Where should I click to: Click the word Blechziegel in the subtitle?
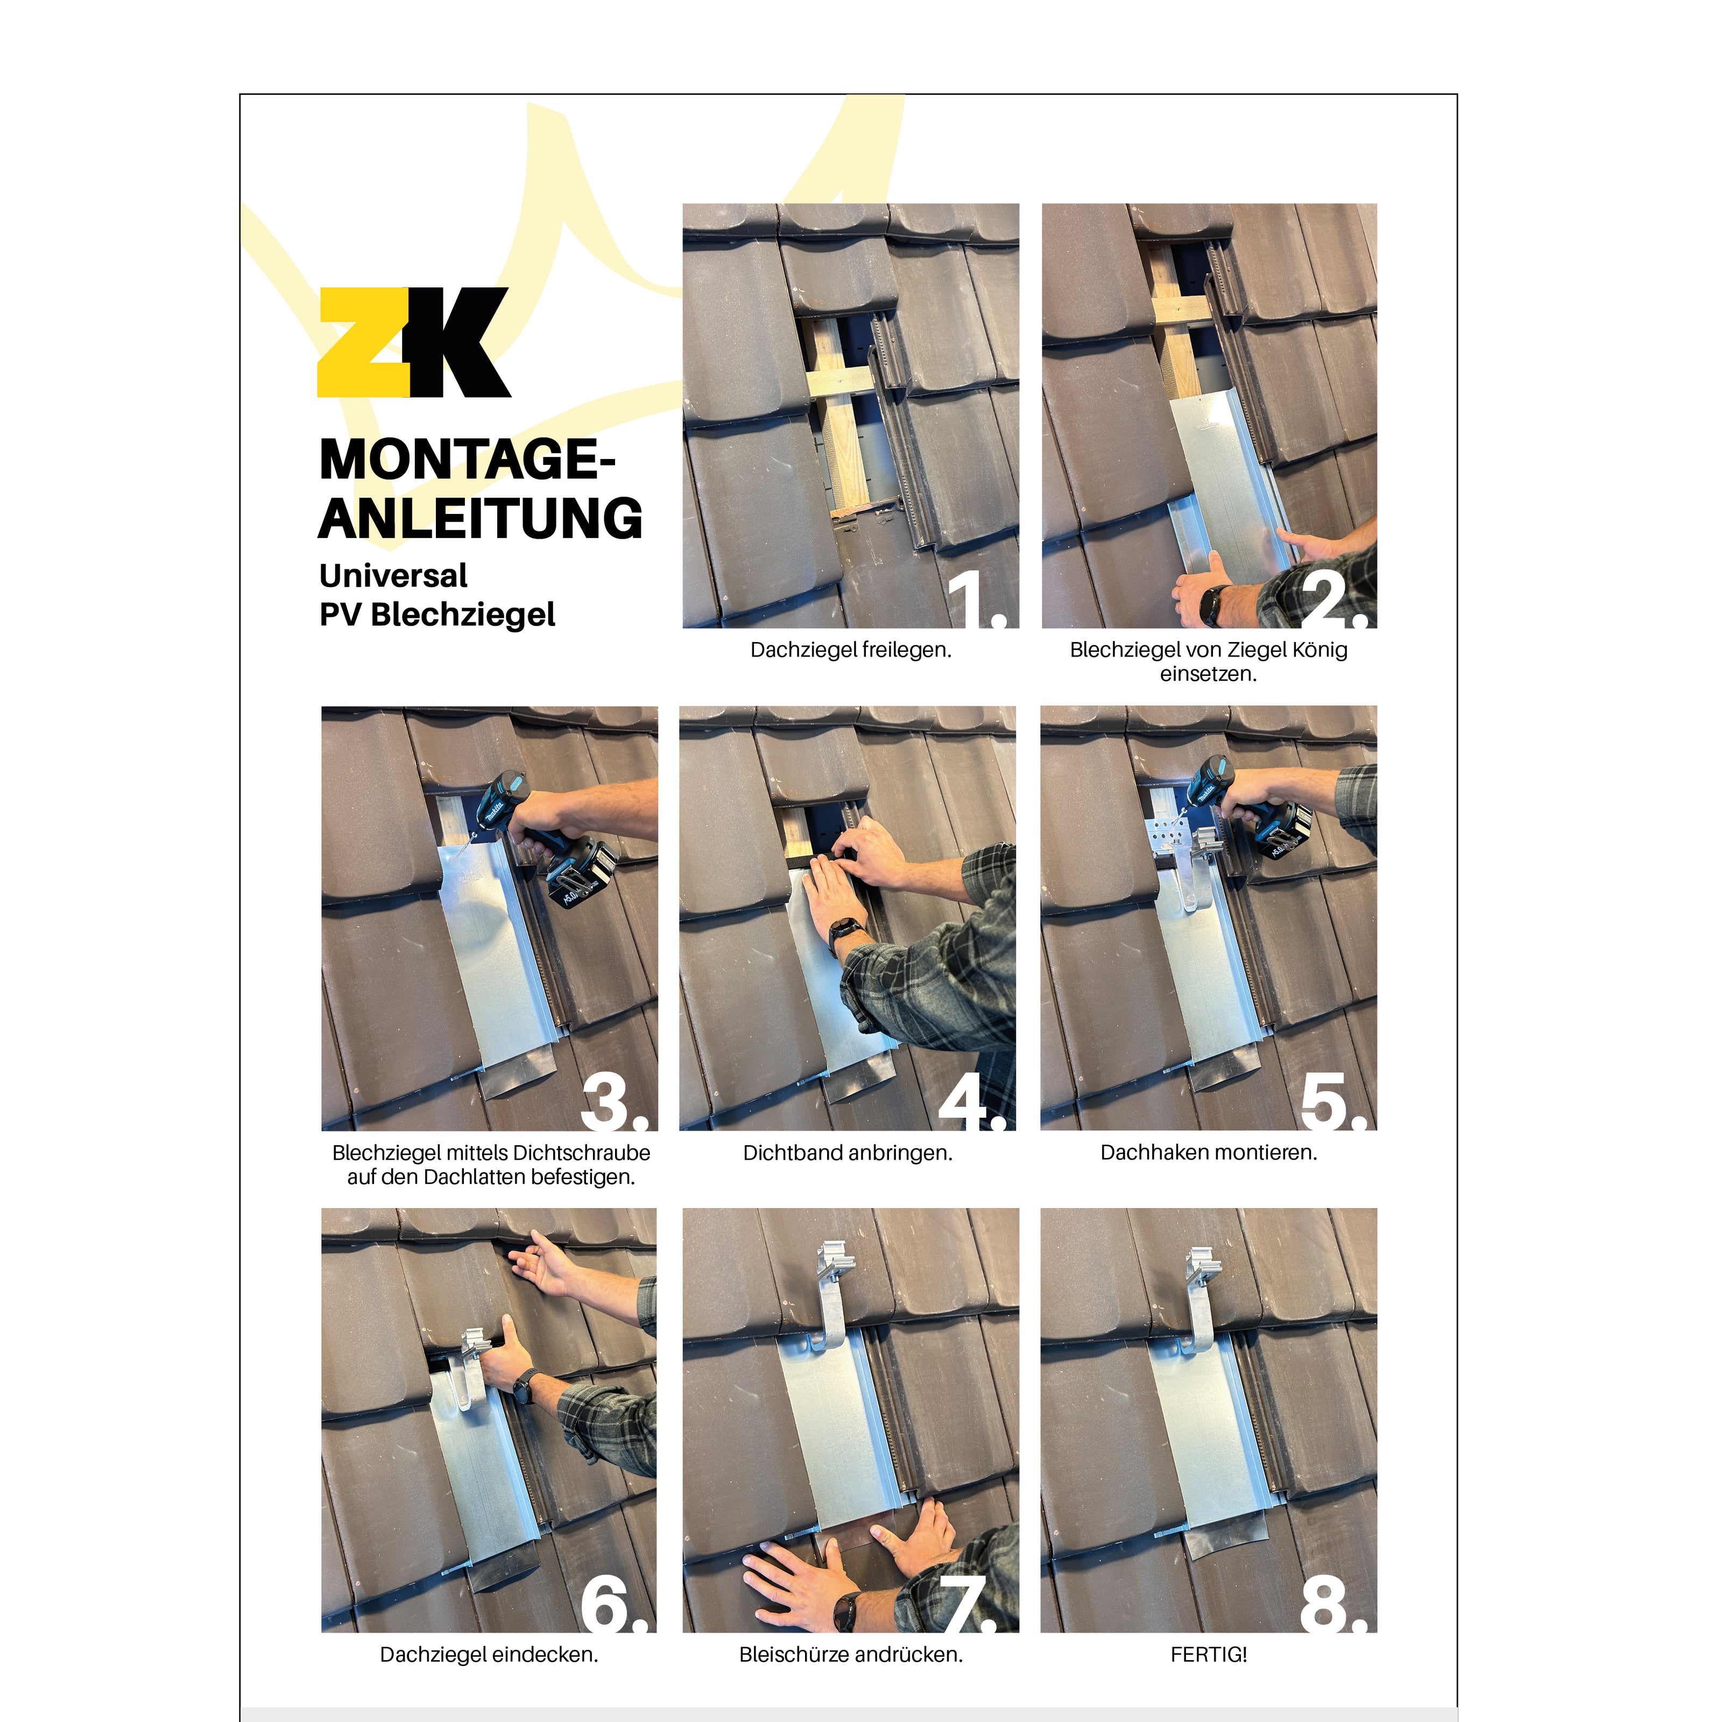click(x=463, y=615)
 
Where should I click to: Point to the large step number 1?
click(x=977, y=600)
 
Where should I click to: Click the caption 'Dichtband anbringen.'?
click(x=848, y=1153)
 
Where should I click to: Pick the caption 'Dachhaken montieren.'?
click(x=1209, y=1153)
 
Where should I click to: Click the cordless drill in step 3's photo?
click(x=544, y=838)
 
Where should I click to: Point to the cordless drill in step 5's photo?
click(x=1257, y=807)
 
